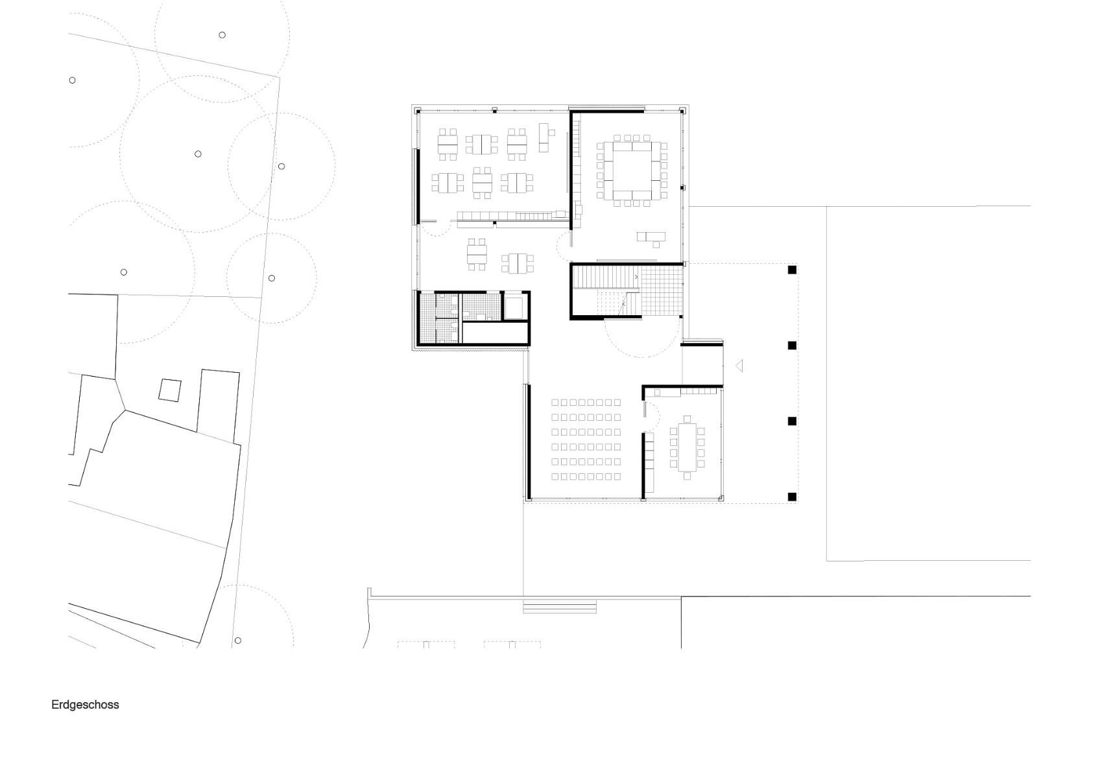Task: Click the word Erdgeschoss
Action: (85, 705)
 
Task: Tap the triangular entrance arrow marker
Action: (739, 366)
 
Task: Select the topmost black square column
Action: (791, 270)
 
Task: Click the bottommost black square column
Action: (791, 497)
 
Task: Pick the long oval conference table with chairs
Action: (687, 447)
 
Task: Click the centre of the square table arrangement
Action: (631, 171)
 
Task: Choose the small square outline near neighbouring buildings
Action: (170, 390)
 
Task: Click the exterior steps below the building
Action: (559, 607)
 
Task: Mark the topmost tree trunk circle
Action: (222, 35)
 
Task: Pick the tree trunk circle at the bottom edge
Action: (238, 641)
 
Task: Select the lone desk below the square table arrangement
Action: (651, 237)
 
